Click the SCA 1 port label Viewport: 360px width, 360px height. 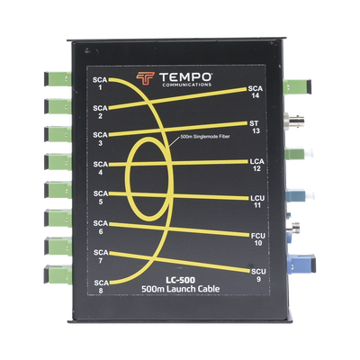[100, 84]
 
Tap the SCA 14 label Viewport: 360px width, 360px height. [256, 92]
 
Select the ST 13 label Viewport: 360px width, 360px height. [254, 127]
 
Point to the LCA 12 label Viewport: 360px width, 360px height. [256, 165]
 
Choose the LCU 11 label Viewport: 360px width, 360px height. [257, 202]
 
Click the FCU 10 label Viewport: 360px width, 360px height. [258, 239]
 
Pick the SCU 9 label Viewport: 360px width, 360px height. [258, 275]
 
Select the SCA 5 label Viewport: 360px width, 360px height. [101, 197]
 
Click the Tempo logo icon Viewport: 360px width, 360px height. [145, 78]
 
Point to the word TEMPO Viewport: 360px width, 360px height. [186, 76]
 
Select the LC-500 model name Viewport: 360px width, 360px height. [181, 280]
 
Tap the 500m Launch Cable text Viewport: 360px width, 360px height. [181, 289]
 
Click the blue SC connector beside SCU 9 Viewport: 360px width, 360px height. [301, 263]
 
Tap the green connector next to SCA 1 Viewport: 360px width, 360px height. [58, 79]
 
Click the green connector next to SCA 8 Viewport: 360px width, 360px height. [58, 274]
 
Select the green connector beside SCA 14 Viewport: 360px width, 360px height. [297, 86]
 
